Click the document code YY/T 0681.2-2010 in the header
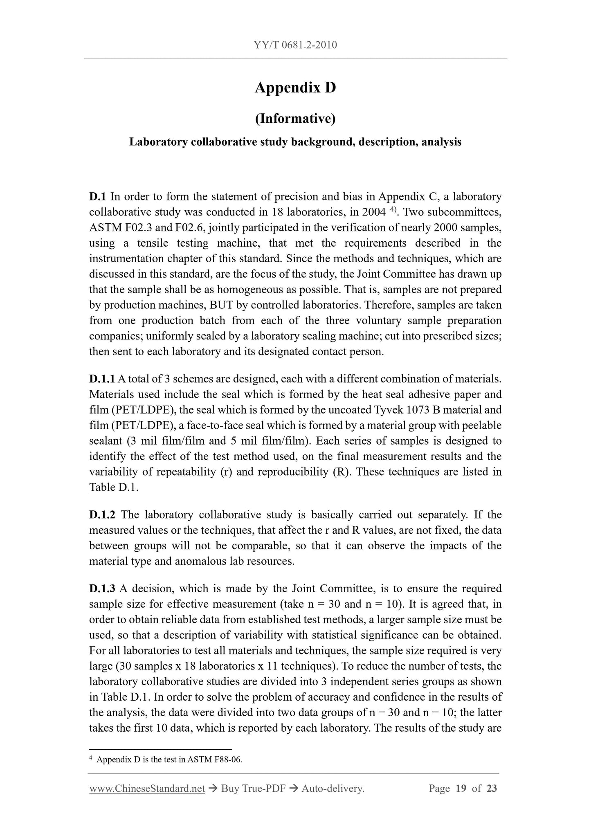click(x=295, y=45)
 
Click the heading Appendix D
click(x=295, y=88)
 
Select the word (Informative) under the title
click(x=295, y=119)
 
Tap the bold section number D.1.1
click(x=102, y=379)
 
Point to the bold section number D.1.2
click(x=102, y=515)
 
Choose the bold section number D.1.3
click(x=102, y=589)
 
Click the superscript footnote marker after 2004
click(x=393, y=209)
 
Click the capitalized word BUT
click(x=222, y=306)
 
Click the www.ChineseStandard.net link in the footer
click(x=147, y=789)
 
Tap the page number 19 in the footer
click(x=461, y=789)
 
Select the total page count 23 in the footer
click(x=492, y=789)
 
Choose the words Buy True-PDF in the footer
click(x=253, y=789)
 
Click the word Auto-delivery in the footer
click(x=333, y=789)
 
